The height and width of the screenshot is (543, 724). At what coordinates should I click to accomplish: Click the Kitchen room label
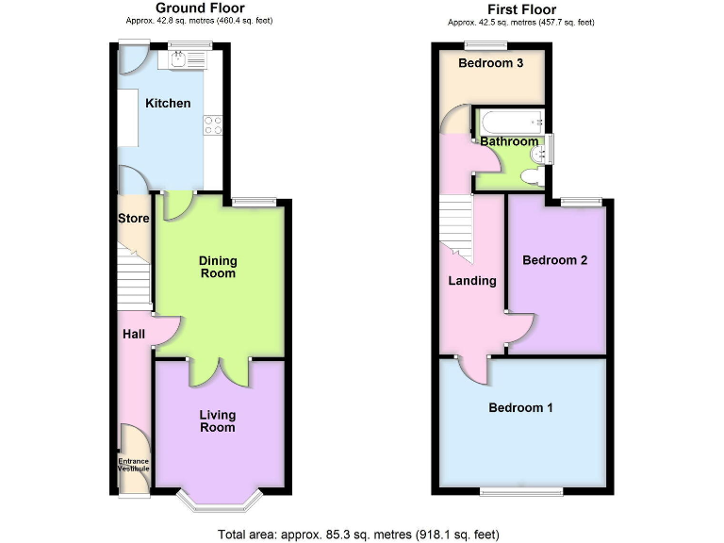tap(168, 103)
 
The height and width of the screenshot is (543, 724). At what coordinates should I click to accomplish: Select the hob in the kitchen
tap(213, 123)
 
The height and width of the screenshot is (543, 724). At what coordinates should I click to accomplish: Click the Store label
tap(134, 219)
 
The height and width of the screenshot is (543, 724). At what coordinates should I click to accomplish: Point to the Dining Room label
tap(217, 267)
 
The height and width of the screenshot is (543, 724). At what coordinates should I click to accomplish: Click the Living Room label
tap(217, 420)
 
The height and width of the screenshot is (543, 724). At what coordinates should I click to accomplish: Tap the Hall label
tap(132, 333)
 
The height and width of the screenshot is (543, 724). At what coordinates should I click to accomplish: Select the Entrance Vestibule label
tap(134, 464)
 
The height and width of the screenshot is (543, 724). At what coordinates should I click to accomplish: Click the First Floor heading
tap(520, 8)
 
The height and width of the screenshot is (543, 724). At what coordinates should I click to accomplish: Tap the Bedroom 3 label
tap(490, 63)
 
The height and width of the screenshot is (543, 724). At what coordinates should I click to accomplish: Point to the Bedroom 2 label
tap(555, 259)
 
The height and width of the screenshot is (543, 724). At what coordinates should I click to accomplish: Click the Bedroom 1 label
tap(520, 408)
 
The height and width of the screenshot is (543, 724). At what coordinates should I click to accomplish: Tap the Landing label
tap(471, 280)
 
